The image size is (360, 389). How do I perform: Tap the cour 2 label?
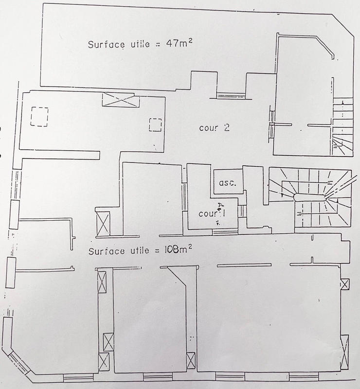pos(214,128)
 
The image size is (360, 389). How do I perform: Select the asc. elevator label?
pos(227,183)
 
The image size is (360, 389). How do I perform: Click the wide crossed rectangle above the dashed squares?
pos(121,101)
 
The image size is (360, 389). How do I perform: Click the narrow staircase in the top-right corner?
pos(342,125)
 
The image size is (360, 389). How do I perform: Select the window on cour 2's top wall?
pos(231,96)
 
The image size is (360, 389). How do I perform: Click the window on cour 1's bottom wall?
pos(225,231)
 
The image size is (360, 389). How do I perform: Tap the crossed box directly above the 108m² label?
pos(104,223)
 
